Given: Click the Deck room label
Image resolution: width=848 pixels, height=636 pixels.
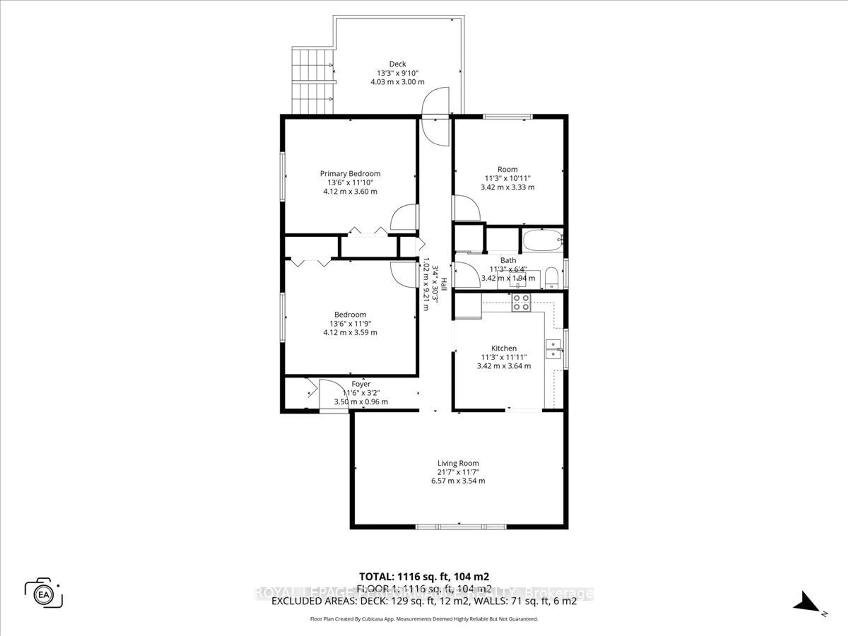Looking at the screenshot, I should point(397,64).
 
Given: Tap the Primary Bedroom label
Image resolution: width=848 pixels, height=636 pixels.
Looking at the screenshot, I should point(350,174).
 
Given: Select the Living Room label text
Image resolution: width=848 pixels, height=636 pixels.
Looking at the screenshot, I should point(458,463).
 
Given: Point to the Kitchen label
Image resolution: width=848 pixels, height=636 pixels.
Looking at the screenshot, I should point(504,348).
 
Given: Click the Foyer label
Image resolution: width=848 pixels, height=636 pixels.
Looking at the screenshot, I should point(361,384).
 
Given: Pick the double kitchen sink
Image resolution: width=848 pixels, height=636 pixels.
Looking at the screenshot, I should point(553,349).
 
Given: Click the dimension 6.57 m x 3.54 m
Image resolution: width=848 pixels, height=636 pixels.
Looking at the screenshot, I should point(458,481).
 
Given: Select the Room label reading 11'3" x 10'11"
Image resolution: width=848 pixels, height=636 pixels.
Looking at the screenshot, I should point(507,178).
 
